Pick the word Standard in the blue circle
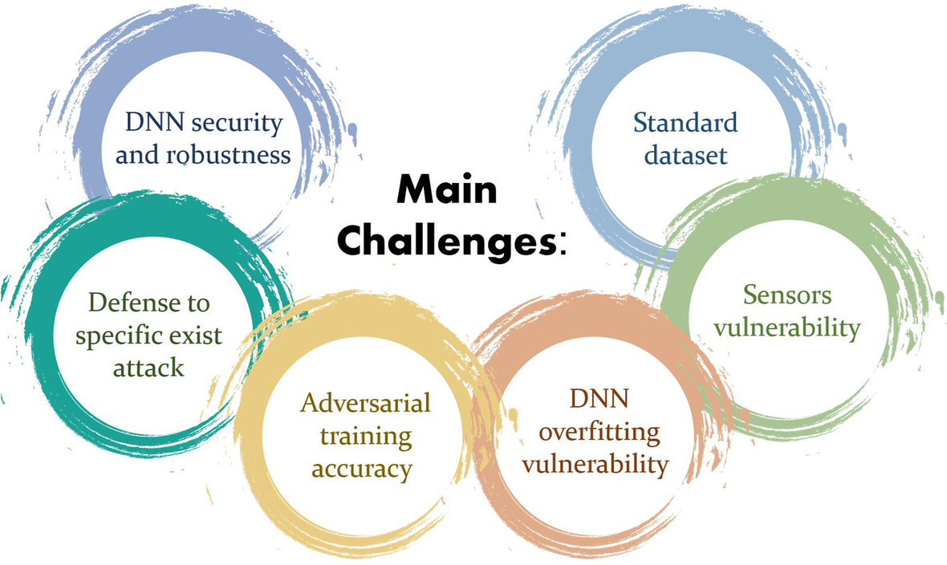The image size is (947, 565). [685, 123]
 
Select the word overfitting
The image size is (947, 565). [599, 432]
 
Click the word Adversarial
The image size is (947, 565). [365, 401]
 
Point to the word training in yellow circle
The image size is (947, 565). [365, 436]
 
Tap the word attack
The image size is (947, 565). [148, 368]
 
